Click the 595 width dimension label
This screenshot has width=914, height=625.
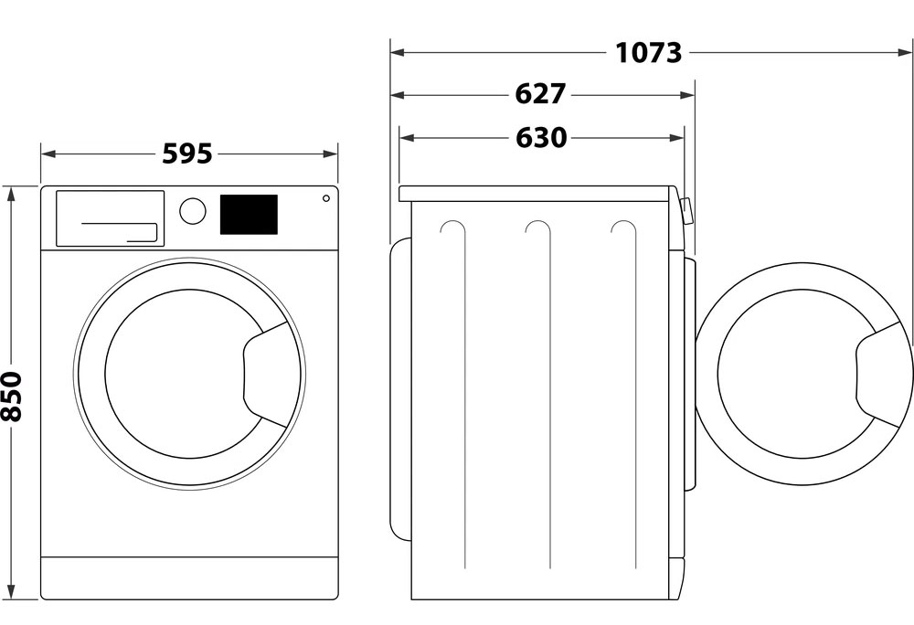coord(187,154)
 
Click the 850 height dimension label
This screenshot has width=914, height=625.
coord(12,397)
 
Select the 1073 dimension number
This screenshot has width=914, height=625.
coord(648,53)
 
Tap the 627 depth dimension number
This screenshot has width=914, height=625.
coord(540,94)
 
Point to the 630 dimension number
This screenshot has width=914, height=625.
coord(541,138)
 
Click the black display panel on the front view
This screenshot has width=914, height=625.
coord(249,215)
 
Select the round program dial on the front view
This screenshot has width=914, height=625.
coord(192,211)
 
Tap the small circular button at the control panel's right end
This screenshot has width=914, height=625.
coord(326,198)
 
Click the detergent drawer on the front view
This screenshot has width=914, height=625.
coord(111,217)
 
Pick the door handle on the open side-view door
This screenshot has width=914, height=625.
coord(877,374)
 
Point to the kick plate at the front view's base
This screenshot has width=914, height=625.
coord(189,577)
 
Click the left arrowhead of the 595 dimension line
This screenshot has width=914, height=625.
coord(48,154)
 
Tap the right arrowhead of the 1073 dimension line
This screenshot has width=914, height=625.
coord(906,52)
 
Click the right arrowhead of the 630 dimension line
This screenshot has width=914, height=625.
coord(676,138)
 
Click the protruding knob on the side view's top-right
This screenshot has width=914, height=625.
coord(686,211)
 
